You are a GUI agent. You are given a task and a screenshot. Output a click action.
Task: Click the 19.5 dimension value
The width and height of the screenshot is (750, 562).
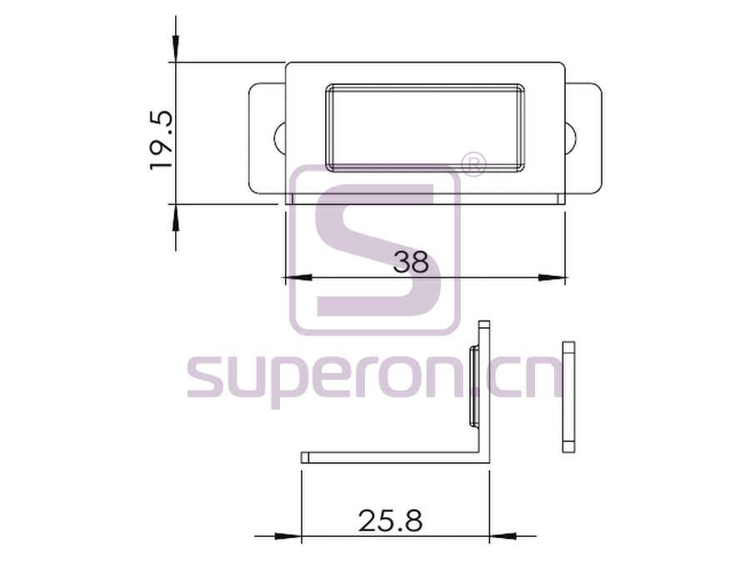click(161, 140)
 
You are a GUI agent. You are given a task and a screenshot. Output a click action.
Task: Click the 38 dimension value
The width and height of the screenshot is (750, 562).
click(411, 262)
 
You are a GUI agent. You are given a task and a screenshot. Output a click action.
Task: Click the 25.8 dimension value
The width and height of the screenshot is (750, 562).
click(390, 520)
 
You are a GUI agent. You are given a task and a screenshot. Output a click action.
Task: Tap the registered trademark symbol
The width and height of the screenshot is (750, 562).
click(473, 165)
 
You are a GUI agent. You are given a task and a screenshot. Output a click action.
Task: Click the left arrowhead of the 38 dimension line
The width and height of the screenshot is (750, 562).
click(297, 277)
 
